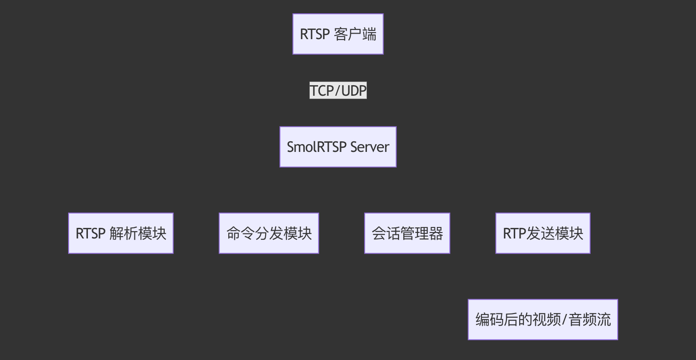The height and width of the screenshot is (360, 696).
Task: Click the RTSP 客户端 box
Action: (x=338, y=34)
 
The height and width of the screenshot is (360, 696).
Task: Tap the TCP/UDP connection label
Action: (x=338, y=91)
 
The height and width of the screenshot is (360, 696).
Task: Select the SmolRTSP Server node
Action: (x=338, y=147)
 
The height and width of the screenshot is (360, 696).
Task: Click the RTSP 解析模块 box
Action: (x=121, y=233)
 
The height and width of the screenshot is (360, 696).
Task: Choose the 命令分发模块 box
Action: (x=269, y=233)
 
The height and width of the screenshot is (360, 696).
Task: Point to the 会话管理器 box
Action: (x=407, y=233)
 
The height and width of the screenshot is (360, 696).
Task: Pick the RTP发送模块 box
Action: (x=543, y=233)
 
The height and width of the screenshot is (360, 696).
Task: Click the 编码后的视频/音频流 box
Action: (x=543, y=319)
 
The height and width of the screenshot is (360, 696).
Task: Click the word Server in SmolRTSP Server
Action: (x=370, y=147)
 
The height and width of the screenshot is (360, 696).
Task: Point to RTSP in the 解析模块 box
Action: (x=91, y=233)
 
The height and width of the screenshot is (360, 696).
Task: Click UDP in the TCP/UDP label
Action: (x=354, y=91)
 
